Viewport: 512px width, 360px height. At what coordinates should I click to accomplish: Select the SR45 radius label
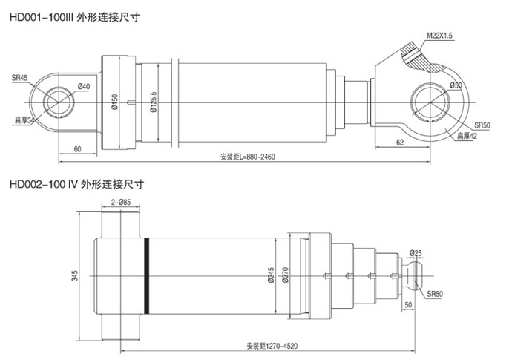pos(19,77)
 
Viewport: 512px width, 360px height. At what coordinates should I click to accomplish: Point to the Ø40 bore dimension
pos(83,87)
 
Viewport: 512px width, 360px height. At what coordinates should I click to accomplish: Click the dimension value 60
pos(78,150)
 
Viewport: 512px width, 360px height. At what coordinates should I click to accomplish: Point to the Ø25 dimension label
pos(415,254)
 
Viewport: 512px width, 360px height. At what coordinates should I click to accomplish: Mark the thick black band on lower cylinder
pos(148,273)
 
